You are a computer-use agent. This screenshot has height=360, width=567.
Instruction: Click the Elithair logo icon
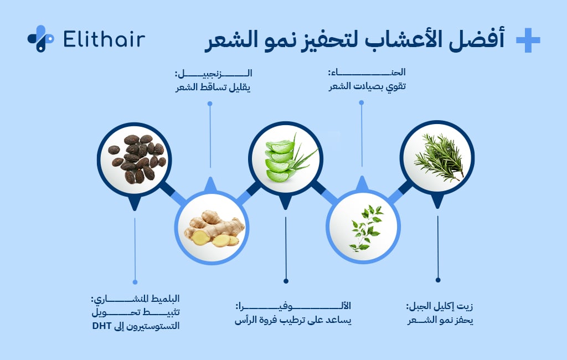click(x=40, y=39)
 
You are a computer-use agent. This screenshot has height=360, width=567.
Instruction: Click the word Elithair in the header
click(x=104, y=39)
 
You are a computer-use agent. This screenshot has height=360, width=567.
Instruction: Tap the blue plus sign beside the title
click(x=528, y=40)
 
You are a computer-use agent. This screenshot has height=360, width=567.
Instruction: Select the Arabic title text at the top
click(x=354, y=40)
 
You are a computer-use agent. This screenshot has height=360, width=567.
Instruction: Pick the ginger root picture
click(x=210, y=227)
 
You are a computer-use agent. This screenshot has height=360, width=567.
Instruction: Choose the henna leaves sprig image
click(x=362, y=227)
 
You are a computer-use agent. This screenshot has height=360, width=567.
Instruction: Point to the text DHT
click(x=103, y=326)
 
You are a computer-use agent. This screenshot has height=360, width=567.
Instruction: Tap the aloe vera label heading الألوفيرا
click(x=293, y=306)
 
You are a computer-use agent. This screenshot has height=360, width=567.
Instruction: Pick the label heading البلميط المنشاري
click(x=135, y=300)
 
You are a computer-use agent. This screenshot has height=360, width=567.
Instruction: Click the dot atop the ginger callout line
click(x=210, y=102)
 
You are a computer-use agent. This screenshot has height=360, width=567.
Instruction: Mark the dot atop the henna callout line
click(x=362, y=102)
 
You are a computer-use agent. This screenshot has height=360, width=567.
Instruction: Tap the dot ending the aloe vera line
click(x=286, y=280)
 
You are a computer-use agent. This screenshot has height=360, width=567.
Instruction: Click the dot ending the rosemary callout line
click(x=437, y=280)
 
